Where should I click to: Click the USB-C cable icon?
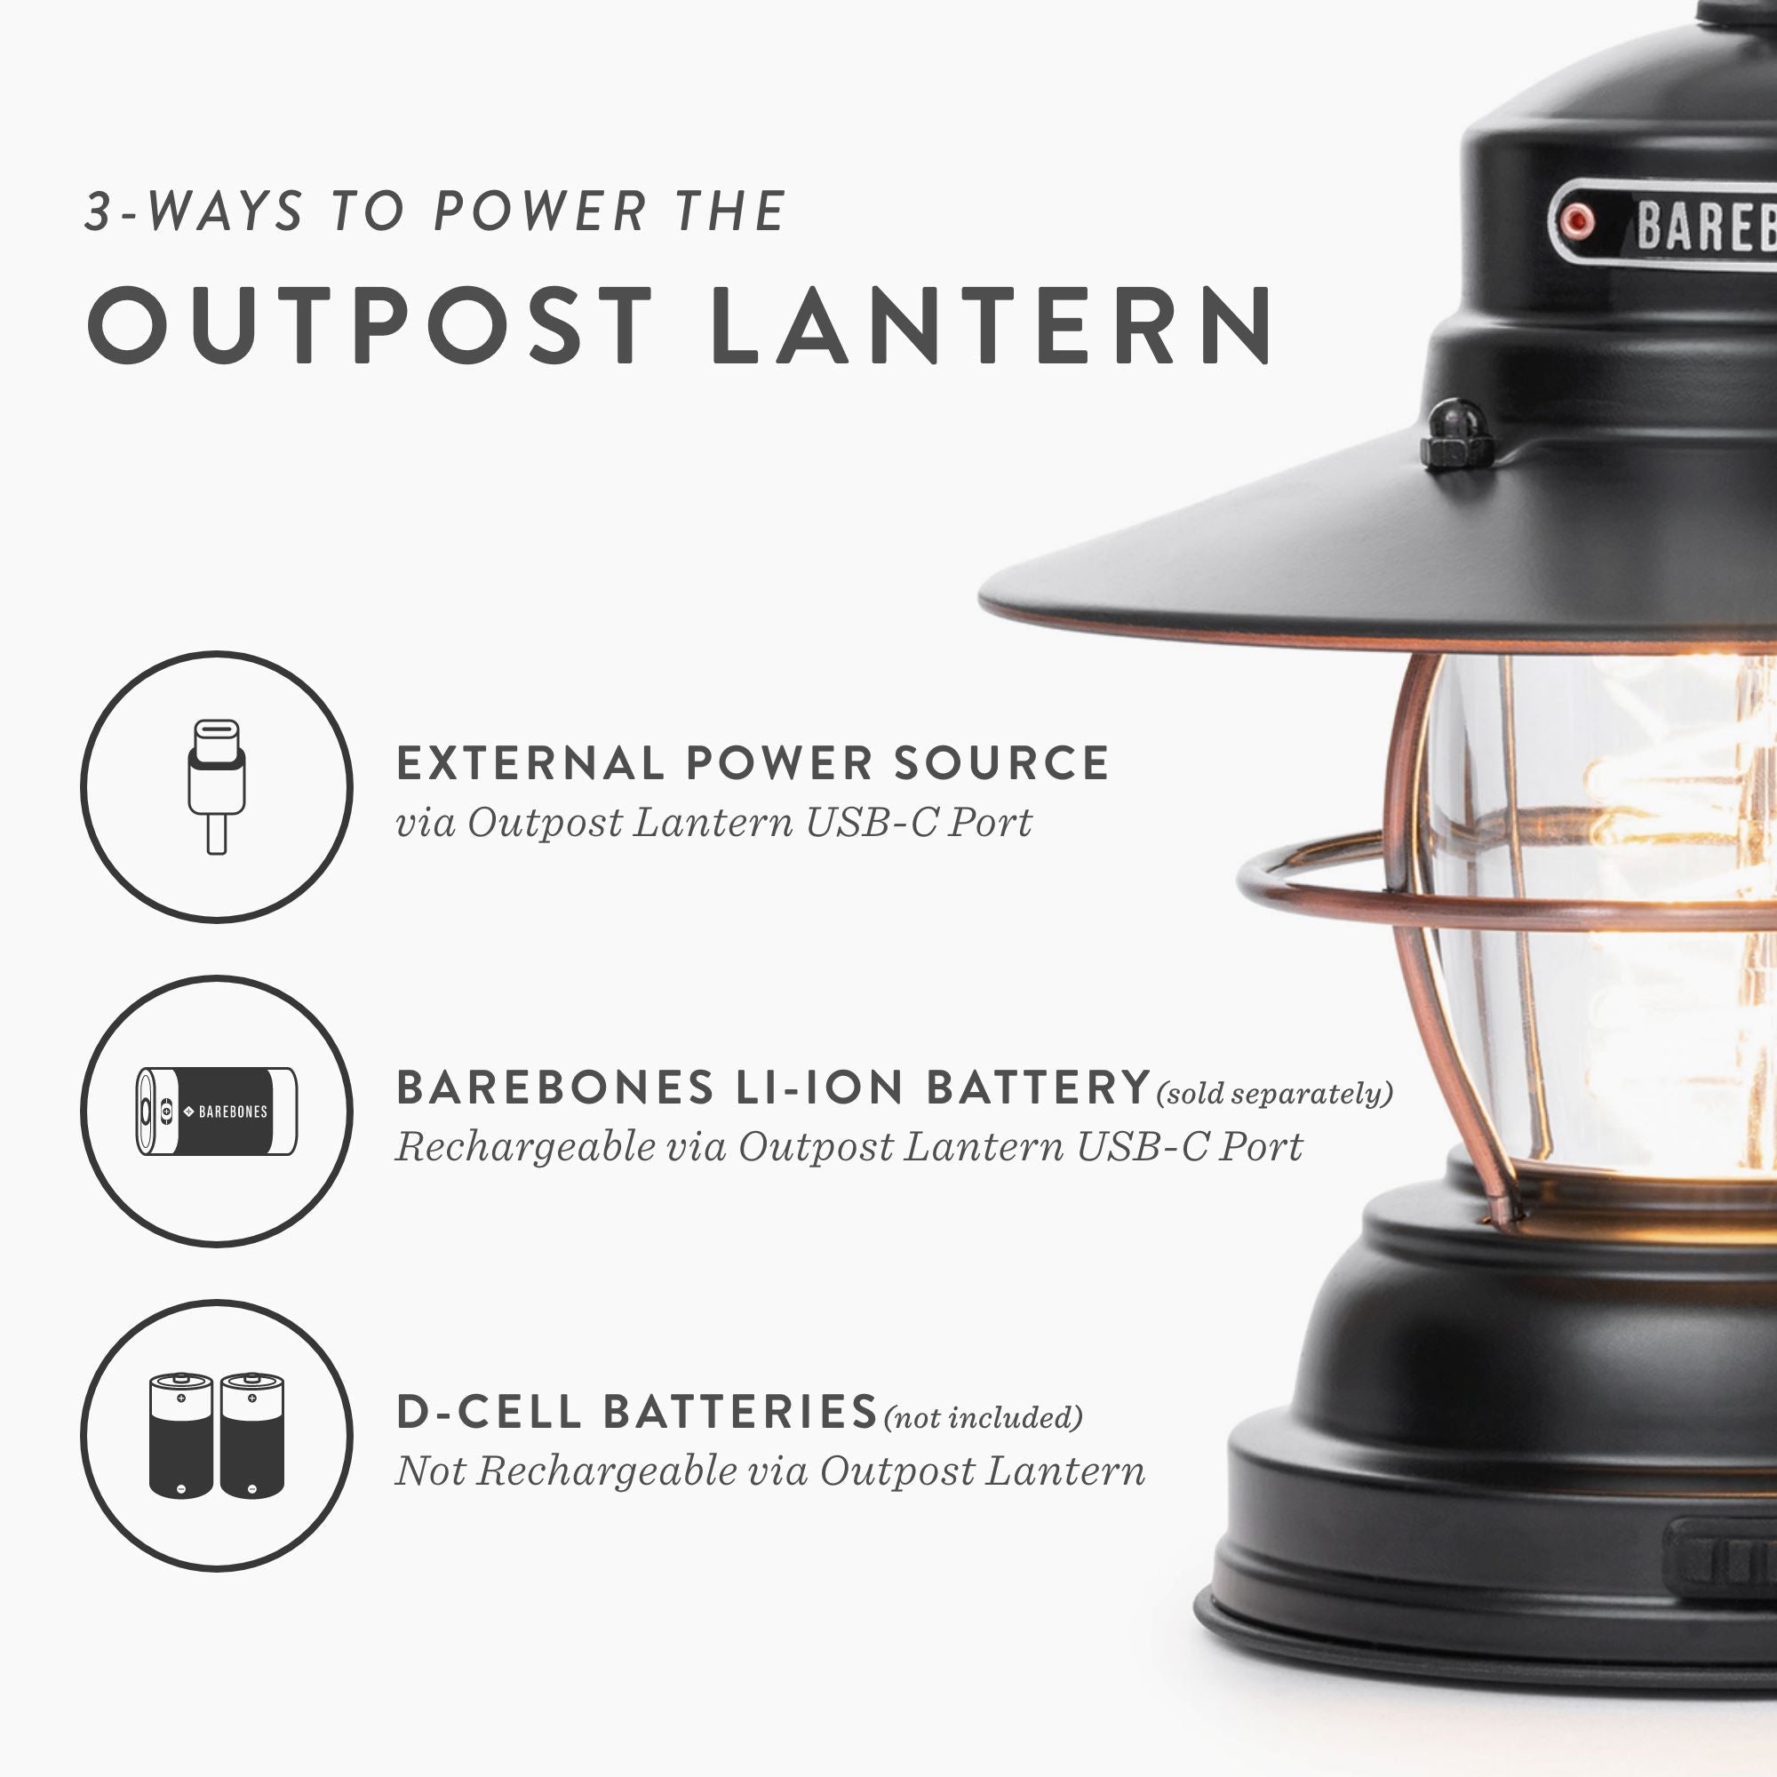click(217, 786)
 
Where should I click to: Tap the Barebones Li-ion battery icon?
click(217, 1112)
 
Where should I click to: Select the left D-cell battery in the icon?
click(180, 1436)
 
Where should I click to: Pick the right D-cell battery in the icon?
click(252, 1436)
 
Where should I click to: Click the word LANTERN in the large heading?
click(992, 325)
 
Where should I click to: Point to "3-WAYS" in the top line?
click(193, 211)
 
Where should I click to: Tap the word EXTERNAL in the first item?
click(530, 763)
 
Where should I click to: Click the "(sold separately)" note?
click(1274, 1094)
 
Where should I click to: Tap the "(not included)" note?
click(983, 1417)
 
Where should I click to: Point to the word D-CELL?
click(489, 1412)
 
